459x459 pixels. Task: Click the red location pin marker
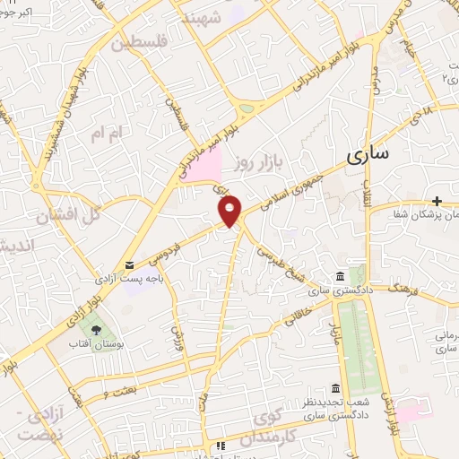click(x=230, y=212)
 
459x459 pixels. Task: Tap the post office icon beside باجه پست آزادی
click(x=131, y=265)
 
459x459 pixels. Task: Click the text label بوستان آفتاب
click(x=98, y=344)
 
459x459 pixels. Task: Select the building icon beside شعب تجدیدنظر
click(x=335, y=388)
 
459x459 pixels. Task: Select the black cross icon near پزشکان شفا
click(x=437, y=202)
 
